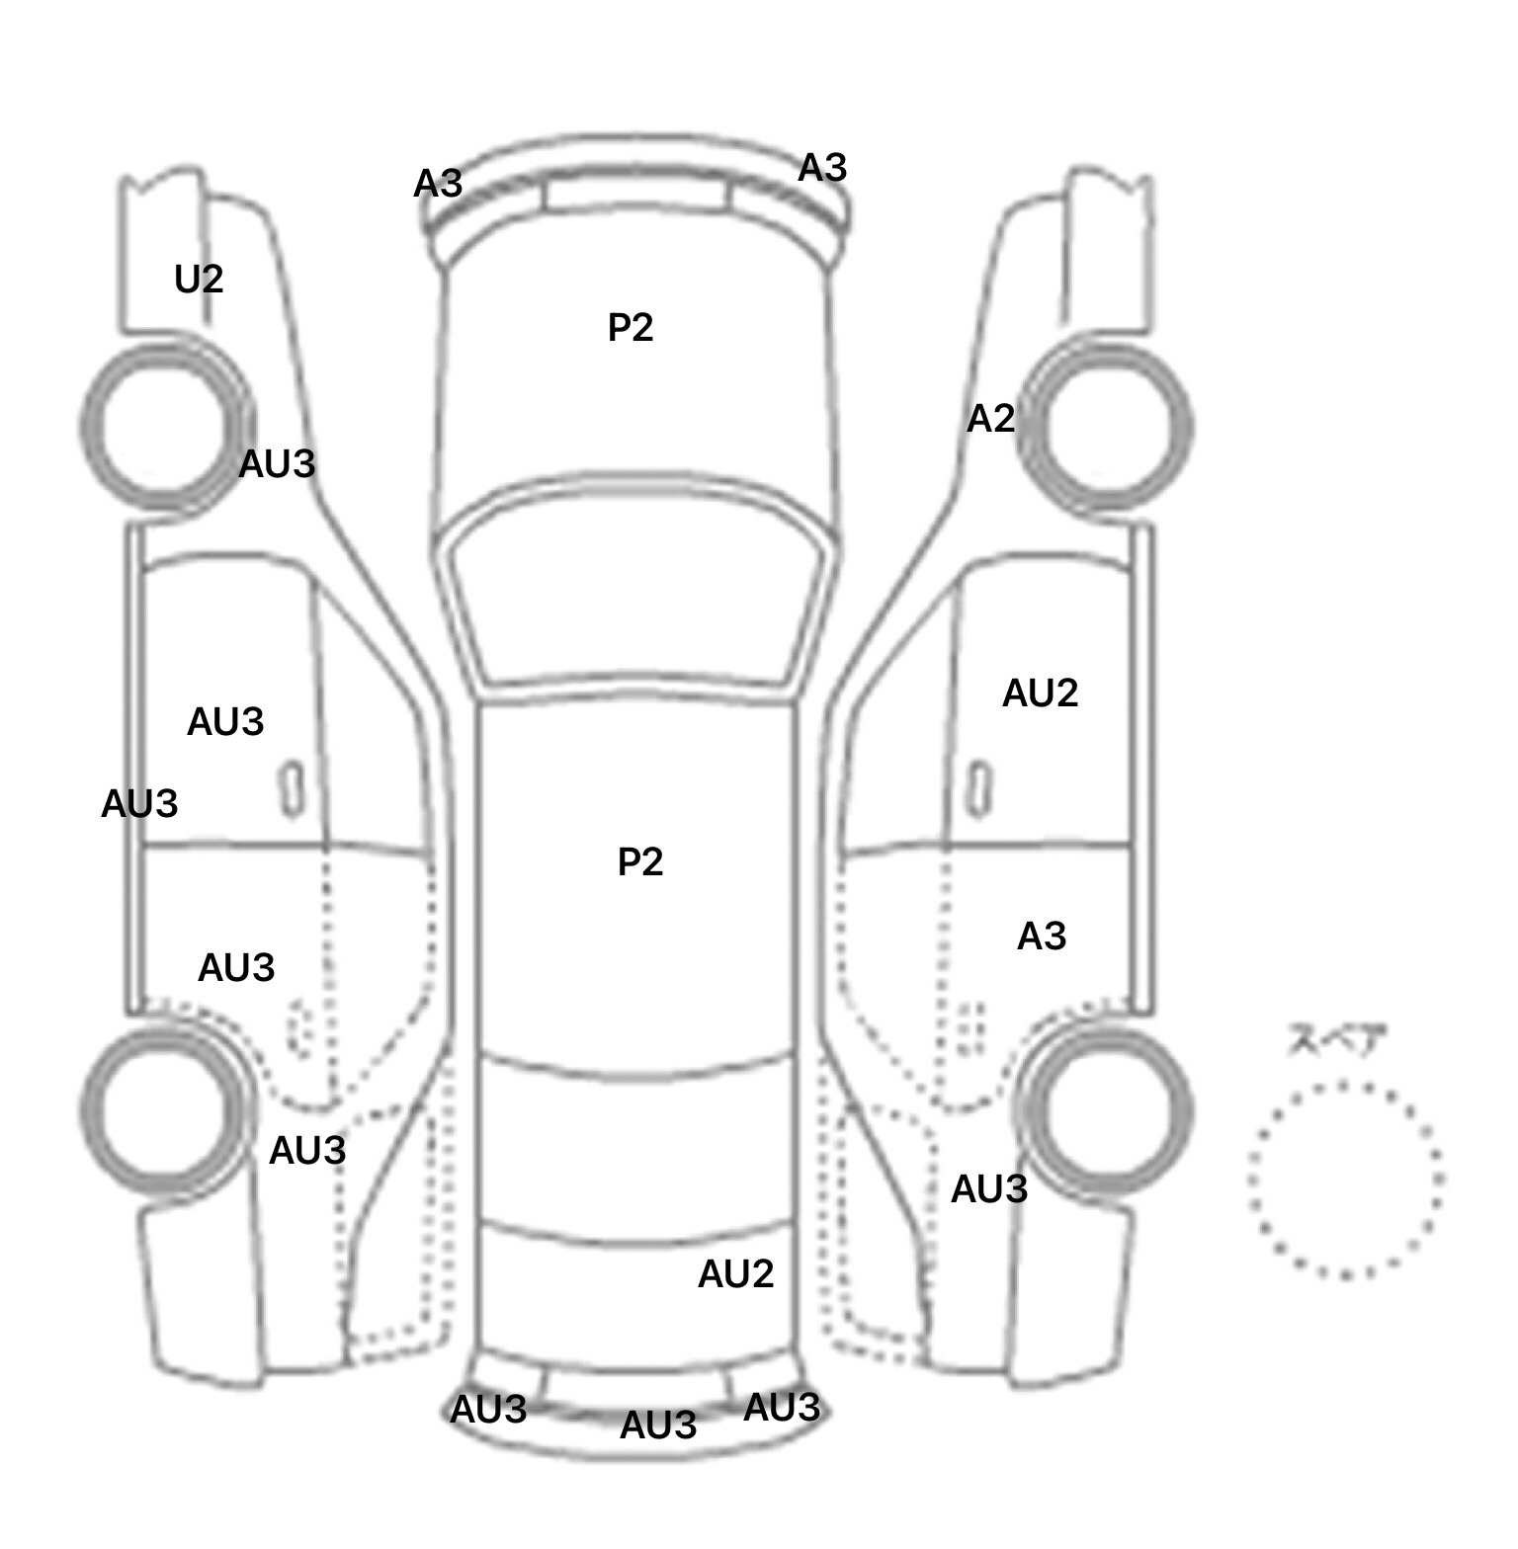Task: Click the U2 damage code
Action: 199,280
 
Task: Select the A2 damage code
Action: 990,419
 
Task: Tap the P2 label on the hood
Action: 631,327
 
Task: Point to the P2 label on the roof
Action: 640,862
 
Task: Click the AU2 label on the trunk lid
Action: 735,1274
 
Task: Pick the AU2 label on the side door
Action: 1040,693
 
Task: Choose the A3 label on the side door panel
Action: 1042,936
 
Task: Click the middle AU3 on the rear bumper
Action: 658,1425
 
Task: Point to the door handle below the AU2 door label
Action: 978,789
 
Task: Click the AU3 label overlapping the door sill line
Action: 139,804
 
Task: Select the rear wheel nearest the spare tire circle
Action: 1107,1108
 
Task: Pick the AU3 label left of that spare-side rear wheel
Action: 988,1189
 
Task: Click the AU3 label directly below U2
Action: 277,463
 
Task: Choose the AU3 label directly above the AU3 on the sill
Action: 225,722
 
